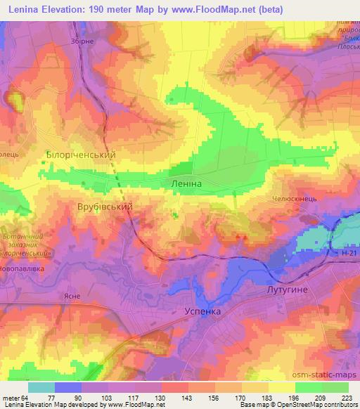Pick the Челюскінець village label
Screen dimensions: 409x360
(x=296, y=200)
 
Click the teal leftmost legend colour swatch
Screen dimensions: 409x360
(x=41, y=387)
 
